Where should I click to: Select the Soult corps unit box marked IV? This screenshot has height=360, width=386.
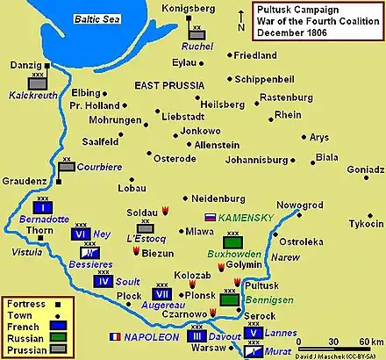tap(103, 282)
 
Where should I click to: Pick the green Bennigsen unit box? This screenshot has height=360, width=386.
tap(230, 299)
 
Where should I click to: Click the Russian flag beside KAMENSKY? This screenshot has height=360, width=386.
tap(210, 216)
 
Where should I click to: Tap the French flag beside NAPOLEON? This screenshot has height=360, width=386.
tap(112, 336)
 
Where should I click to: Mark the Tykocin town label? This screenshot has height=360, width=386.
tap(361, 223)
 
